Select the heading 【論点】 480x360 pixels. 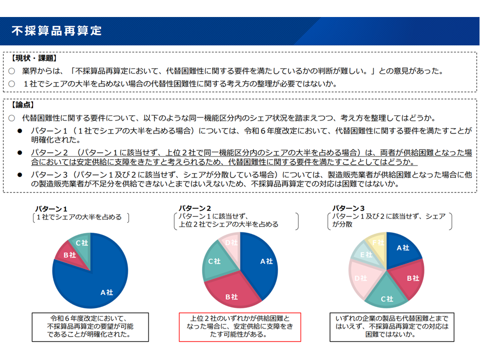(23, 105)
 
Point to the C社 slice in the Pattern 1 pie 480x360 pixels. (81, 242)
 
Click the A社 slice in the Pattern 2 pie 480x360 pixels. (262, 262)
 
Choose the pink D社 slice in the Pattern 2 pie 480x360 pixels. (230, 242)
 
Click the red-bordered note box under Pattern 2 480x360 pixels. (240, 326)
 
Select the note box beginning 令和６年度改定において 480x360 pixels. (90, 326)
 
